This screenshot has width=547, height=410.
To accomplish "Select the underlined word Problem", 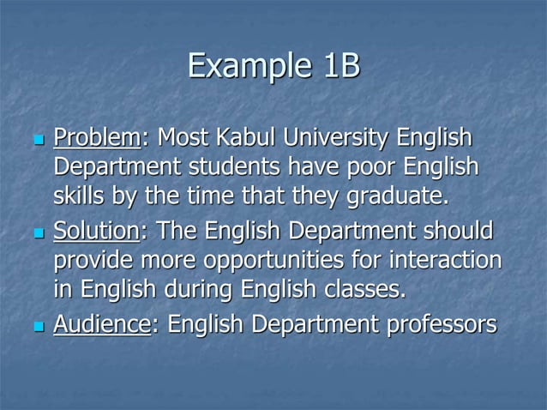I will pyautogui.click(x=96, y=137).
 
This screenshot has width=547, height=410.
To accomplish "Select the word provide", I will pyautogui.click(x=94, y=262).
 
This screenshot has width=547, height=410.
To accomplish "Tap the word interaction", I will pyautogui.click(x=441, y=262).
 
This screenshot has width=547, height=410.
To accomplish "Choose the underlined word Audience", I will pyautogui.click(x=102, y=324).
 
